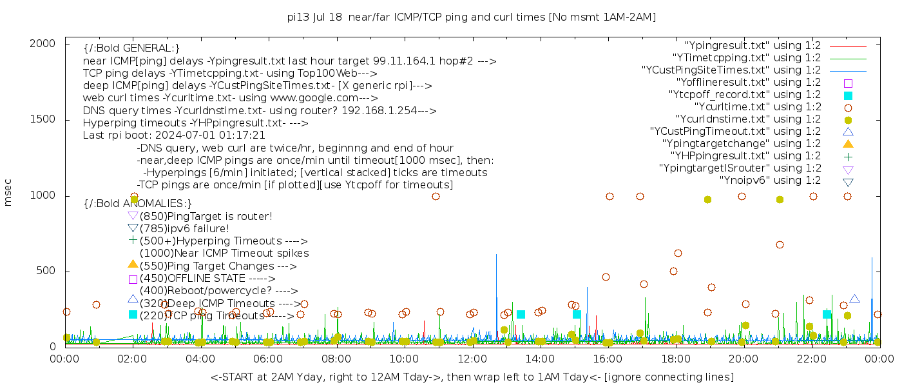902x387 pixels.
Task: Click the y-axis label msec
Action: point(8,192)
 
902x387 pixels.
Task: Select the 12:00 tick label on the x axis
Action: point(472,359)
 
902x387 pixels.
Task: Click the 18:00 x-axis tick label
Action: point(675,359)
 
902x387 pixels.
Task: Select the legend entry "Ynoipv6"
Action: point(770,181)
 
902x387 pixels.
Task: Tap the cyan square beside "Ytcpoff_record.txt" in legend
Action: point(848,95)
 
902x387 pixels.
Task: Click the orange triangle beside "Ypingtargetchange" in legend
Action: point(848,144)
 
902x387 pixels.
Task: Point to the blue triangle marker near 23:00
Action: point(854,299)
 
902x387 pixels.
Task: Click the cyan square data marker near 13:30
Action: point(521,314)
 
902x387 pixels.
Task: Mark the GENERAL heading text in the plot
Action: point(131,48)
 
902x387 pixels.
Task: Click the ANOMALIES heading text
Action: point(138,204)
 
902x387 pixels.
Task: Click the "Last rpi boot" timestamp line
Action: point(174,135)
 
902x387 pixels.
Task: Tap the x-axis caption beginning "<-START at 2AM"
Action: point(472,377)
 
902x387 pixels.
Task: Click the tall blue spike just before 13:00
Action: point(496,284)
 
